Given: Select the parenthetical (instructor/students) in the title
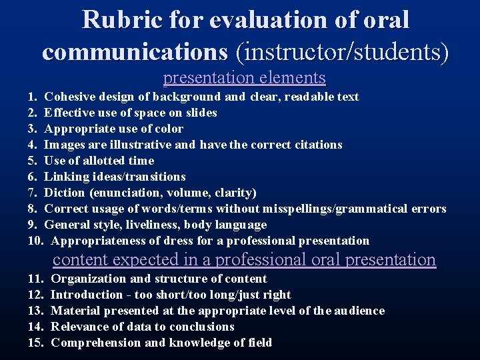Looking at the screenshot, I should click(x=341, y=51).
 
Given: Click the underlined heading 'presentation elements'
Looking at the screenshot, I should click(x=245, y=78).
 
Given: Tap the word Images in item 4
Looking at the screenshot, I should click(x=64, y=145).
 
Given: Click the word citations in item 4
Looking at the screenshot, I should click(x=314, y=145).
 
